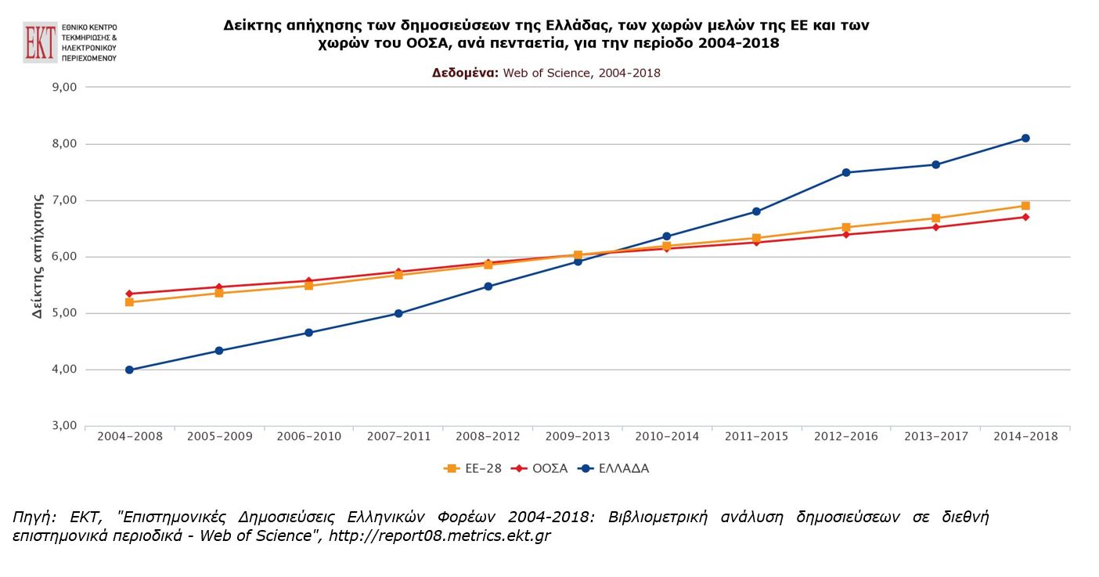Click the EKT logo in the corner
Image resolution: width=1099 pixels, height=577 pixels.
tap(41, 41)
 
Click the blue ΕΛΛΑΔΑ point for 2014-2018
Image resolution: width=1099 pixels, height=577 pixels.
tap(1025, 139)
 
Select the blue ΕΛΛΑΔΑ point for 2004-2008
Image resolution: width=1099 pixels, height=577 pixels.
tap(129, 370)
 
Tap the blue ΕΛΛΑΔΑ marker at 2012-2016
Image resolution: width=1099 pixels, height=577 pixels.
tap(846, 172)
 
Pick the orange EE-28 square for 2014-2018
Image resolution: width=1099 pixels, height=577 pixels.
tap(1025, 206)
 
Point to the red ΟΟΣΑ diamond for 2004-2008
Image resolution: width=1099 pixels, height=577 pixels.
tap(129, 294)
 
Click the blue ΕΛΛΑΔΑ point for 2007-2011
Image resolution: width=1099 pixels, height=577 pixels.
tap(398, 313)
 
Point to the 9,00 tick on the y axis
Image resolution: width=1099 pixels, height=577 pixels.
tap(63, 88)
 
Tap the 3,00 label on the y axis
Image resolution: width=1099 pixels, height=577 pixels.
tap(63, 426)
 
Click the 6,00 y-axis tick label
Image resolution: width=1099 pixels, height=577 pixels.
tap(63, 257)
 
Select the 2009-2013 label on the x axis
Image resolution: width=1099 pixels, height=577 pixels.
tap(578, 436)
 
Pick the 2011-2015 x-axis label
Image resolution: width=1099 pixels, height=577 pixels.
tap(756, 436)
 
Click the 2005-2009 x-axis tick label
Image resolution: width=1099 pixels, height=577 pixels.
tap(219, 436)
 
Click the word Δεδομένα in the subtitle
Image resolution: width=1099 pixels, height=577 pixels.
tap(465, 73)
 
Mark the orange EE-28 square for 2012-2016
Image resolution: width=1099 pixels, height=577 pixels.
tap(846, 228)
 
